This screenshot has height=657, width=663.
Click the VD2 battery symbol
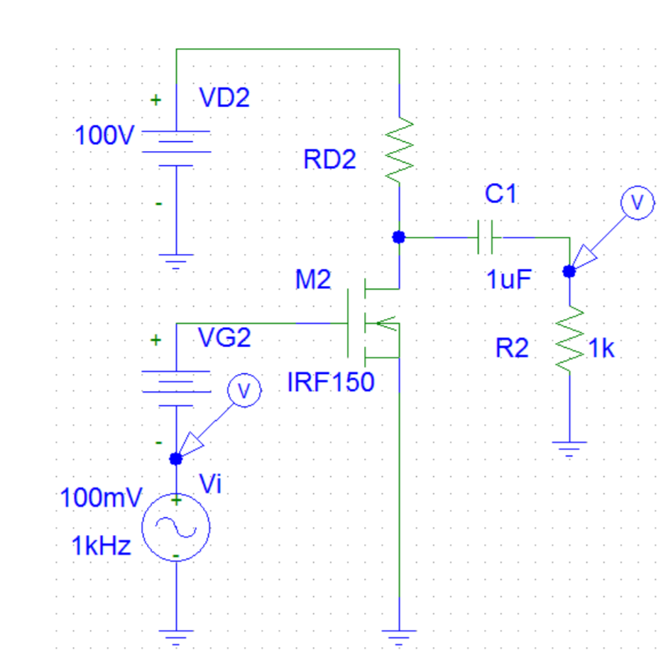(x=176, y=148)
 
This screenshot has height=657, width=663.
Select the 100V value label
(x=104, y=136)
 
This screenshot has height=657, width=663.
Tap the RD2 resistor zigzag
(x=399, y=149)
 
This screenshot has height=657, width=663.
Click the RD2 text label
(x=329, y=160)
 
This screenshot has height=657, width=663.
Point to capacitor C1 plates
(x=486, y=237)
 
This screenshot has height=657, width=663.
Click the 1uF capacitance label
(x=509, y=280)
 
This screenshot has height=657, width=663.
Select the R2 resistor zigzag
(x=569, y=338)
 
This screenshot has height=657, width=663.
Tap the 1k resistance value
(x=602, y=349)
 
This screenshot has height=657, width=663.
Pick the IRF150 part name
(x=330, y=383)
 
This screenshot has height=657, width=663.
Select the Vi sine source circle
(x=176, y=526)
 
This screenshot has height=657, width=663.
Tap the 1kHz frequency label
(x=101, y=546)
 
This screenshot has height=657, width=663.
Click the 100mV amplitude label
(x=102, y=497)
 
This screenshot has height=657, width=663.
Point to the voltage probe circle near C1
(x=638, y=203)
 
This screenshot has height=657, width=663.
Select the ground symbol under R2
(x=569, y=448)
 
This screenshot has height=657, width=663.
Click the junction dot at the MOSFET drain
(x=399, y=237)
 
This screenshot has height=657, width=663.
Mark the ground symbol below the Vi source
(x=176, y=636)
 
